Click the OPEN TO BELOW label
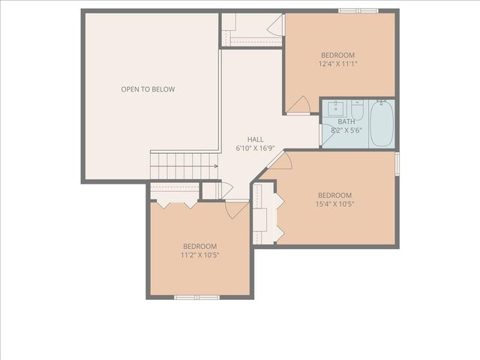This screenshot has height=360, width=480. [148, 89]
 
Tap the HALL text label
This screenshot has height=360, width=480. [255, 139]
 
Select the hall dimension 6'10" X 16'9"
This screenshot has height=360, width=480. [255, 148]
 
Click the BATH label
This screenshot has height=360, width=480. [346, 121]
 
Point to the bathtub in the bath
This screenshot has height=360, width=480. [381, 124]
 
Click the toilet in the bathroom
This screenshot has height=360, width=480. [358, 112]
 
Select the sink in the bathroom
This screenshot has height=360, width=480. [334, 109]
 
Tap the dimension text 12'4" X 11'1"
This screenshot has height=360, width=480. [338, 64]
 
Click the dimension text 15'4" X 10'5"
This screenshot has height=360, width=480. [334, 204]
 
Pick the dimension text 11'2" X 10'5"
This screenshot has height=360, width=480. [199, 255]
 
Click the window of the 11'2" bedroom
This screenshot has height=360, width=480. [196, 298]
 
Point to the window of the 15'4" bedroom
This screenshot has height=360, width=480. [397, 162]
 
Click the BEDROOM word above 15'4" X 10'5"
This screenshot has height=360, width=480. [334, 195]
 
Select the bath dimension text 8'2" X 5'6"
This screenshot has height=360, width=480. [346, 130]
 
